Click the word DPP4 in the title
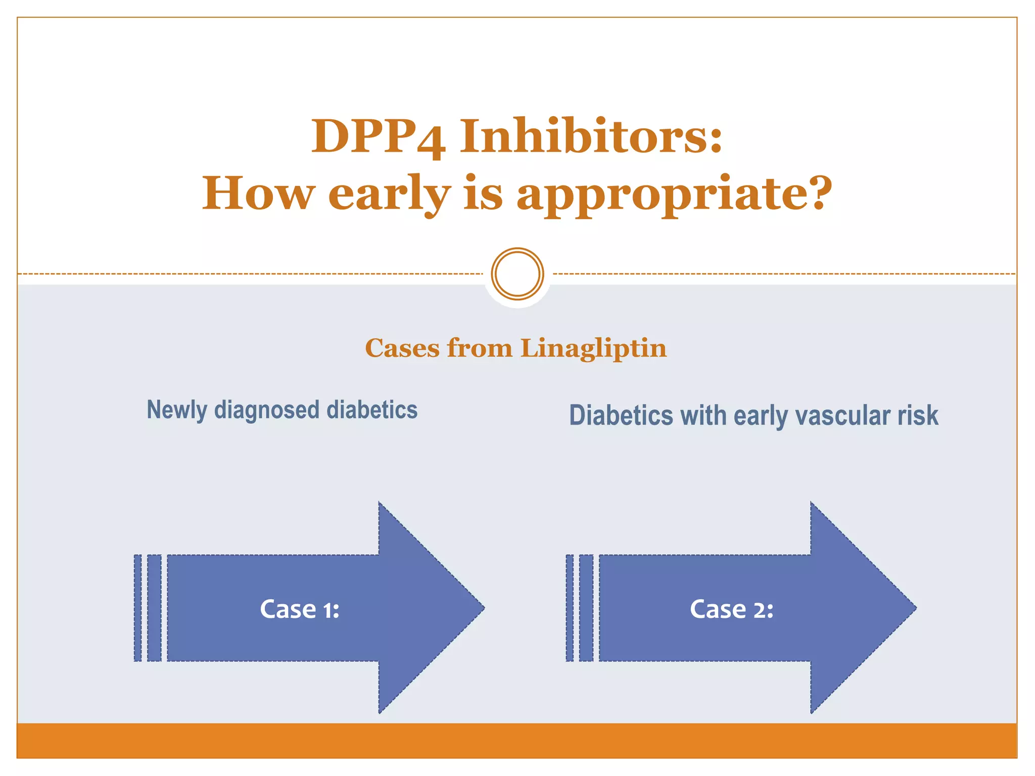378,136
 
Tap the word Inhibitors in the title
590,136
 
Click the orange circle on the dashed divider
517,274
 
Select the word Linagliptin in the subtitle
593,349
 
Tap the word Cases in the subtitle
402,349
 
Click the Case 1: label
299,609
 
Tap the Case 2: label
731,609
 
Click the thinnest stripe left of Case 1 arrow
138,608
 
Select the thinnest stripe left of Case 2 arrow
570,608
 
